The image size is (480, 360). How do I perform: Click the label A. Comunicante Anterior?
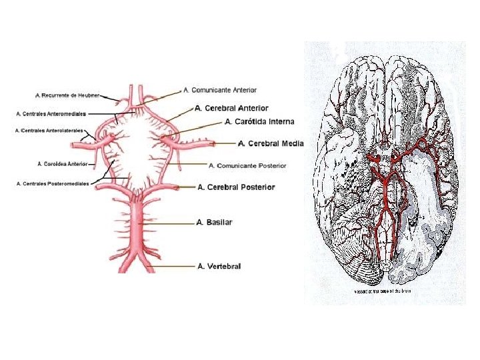(x=220, y=90)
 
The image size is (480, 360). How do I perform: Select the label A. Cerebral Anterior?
(x=231, y=108)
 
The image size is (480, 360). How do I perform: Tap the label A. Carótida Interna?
(x=259, y=122)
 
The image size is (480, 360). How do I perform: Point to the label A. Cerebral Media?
(x=271, y=143)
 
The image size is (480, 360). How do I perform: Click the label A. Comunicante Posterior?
(x=247, y=165)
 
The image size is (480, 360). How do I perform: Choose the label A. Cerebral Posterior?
(x=237, y=187)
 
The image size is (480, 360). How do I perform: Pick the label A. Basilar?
(x=215, y=222)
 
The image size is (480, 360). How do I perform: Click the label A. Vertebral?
(x=219, y=267)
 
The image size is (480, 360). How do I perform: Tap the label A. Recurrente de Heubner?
(x=67, y=95)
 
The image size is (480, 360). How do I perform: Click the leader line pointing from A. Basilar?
(x=177, y=223)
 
